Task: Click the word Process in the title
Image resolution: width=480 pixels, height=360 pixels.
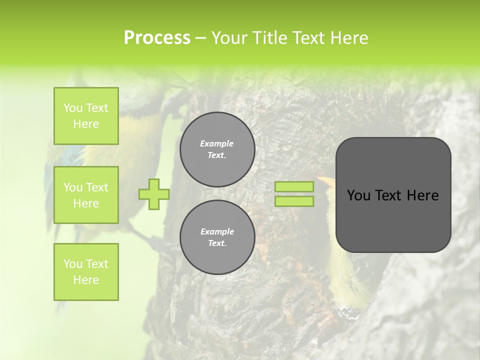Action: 157,38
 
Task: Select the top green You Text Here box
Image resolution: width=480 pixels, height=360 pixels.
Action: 86,116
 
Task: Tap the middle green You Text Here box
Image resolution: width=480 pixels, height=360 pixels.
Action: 86,195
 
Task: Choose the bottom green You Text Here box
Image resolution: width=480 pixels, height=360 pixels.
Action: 86,272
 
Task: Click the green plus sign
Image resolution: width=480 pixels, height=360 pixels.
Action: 154,194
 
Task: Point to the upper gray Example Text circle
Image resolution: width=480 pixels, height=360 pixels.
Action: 217,149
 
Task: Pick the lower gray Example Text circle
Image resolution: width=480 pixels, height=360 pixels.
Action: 217,237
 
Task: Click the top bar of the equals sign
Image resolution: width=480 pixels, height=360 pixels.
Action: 294,186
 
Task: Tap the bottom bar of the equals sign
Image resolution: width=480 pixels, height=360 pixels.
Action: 294,201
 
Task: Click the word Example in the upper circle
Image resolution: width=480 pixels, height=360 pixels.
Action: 217,143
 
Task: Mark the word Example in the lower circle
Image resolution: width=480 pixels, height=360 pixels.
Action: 217,231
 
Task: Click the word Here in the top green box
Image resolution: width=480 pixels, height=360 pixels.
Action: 86,124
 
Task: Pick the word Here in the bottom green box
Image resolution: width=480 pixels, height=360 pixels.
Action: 86,280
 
